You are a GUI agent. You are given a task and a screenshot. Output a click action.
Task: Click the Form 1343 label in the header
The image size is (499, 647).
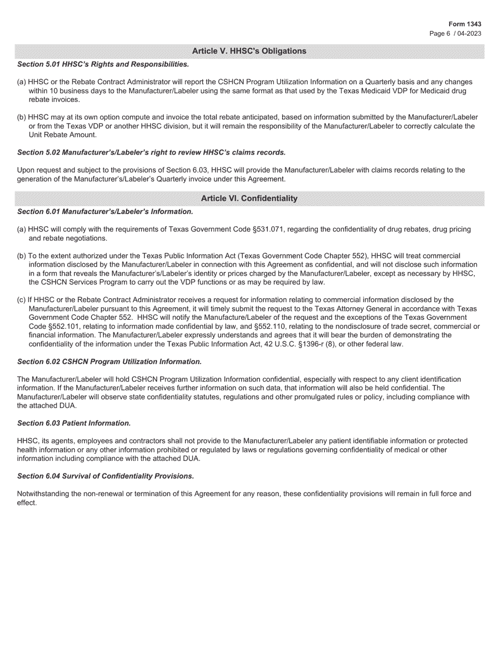click(465, 24)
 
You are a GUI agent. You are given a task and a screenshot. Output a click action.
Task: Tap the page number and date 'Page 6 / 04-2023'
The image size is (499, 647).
click(455, 33)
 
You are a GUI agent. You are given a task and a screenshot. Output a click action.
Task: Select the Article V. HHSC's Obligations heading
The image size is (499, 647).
click(249, 51)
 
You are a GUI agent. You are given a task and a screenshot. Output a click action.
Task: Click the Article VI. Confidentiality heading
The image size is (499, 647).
click(249, 198)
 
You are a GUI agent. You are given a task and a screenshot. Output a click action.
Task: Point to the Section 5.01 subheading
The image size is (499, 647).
click(103, 64)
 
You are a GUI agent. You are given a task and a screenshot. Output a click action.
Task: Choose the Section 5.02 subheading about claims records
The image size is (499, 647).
click(151, 153)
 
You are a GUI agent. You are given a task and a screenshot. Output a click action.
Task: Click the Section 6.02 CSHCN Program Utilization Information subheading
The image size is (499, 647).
click(109, 362)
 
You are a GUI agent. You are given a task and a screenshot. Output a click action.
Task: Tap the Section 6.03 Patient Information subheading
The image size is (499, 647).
click(74, 423)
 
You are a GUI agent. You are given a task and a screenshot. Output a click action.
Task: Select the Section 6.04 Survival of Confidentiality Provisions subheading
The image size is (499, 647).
click(106, 476)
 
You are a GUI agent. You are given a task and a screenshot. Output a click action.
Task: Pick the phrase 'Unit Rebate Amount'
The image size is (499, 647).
click(63, 135)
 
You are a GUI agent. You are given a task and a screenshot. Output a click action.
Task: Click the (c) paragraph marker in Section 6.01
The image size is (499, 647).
click(22, 300)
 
